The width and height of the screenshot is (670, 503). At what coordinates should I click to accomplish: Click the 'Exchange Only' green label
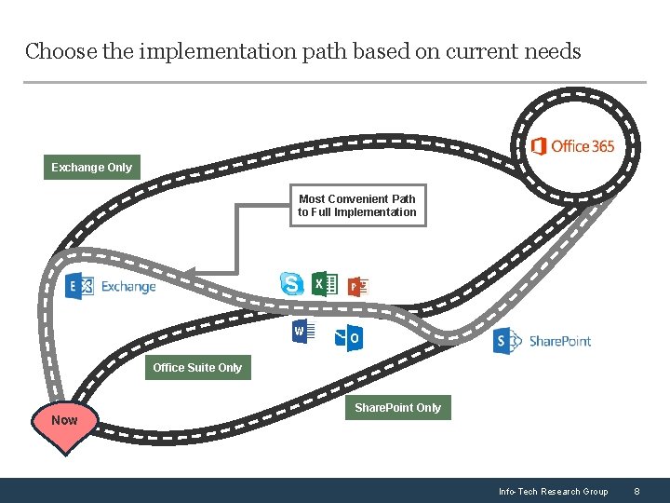[x=91, y=168]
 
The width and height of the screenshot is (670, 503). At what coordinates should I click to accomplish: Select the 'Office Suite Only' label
[x=197, y=368]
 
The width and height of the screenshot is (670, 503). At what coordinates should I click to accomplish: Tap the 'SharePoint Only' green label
[x=397, y=408]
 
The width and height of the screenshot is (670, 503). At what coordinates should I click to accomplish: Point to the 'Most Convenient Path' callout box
[x=357, y=205]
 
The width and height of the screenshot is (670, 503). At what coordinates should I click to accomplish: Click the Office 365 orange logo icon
[x=538, y=146]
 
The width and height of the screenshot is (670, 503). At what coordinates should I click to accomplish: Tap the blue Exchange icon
[x=80, y=287]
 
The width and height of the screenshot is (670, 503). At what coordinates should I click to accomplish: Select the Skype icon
[x=292, y=283]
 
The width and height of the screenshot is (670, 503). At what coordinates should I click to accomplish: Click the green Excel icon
[x=324, y=283]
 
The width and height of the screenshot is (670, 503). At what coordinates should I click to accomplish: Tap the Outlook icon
[x=350, y=338]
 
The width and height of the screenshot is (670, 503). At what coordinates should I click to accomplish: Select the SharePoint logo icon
[x=506, y=341]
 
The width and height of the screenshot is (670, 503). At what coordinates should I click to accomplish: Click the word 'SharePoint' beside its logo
[x=559, y=341]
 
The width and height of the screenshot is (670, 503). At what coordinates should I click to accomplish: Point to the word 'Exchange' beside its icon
[x=128, y=287]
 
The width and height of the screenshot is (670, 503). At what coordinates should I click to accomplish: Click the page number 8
[x=637, y=491]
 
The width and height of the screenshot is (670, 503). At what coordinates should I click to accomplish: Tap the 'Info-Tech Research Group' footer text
[x=553, y=491]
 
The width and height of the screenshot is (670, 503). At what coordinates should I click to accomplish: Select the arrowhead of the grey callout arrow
[x=186, y=272]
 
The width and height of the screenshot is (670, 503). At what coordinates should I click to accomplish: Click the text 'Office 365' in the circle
[x=583, y=146]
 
